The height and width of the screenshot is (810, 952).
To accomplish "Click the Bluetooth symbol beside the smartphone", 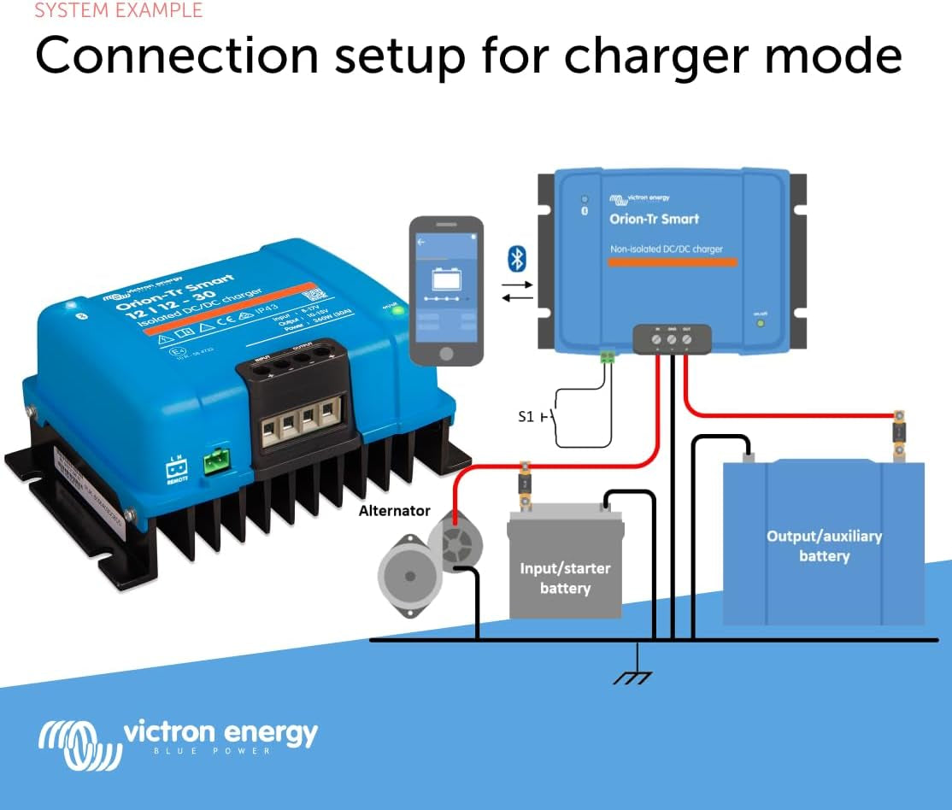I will pos(517,258).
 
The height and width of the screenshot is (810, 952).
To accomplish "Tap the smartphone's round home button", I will pos(444,355).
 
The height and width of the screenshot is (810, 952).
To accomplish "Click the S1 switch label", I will pos(526,417).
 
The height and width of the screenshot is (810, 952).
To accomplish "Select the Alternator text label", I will pos(394,510).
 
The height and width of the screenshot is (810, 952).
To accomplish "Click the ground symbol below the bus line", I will pos(632,676).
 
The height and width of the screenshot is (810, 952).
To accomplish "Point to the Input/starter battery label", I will pos(565,578).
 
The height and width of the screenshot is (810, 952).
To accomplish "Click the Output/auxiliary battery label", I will pos(824,546).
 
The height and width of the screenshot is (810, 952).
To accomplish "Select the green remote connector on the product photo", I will pos(216,463).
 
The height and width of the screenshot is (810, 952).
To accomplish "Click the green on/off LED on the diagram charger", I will pos(761,323).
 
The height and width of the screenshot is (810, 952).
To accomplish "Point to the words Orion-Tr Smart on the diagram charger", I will pos(654,219).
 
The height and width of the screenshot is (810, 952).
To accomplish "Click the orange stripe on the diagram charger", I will pos(672,261).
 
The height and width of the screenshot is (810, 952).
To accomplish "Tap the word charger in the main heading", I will pos(654,56).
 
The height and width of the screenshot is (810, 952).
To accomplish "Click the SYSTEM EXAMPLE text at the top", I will pos(119,10).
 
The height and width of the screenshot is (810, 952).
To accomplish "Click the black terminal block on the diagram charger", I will pos(671,339).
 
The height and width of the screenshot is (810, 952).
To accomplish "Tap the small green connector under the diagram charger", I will pos(608,357).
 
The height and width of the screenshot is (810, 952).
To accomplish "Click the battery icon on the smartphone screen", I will pos(446,279).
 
